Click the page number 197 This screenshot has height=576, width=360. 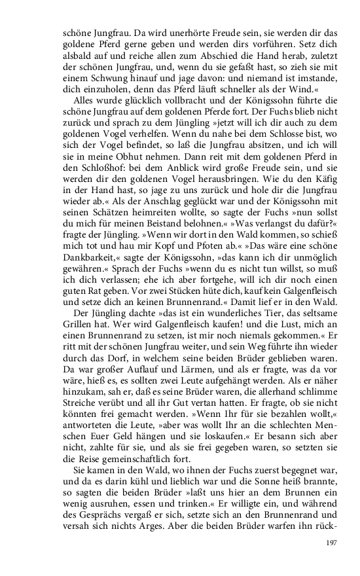[x=330, y=543]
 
